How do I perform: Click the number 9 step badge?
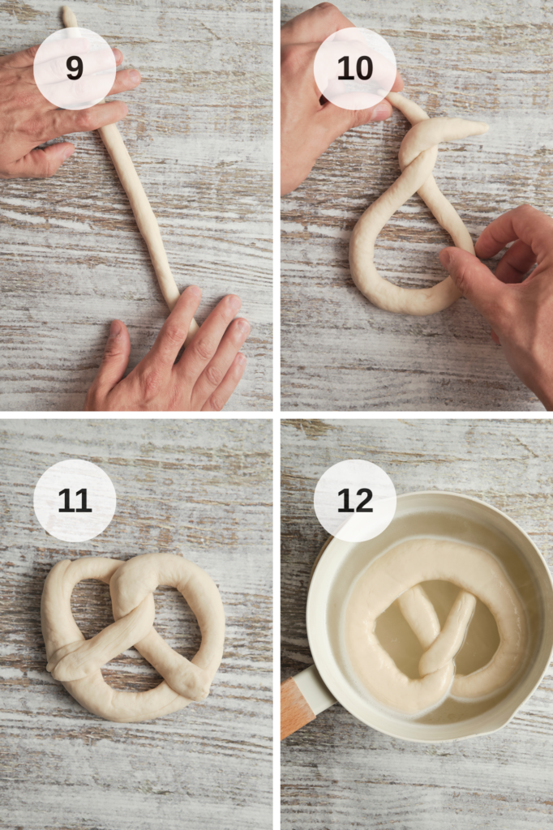75,68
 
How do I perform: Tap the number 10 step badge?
355,68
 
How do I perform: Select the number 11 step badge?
75,500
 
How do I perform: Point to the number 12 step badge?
355,500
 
